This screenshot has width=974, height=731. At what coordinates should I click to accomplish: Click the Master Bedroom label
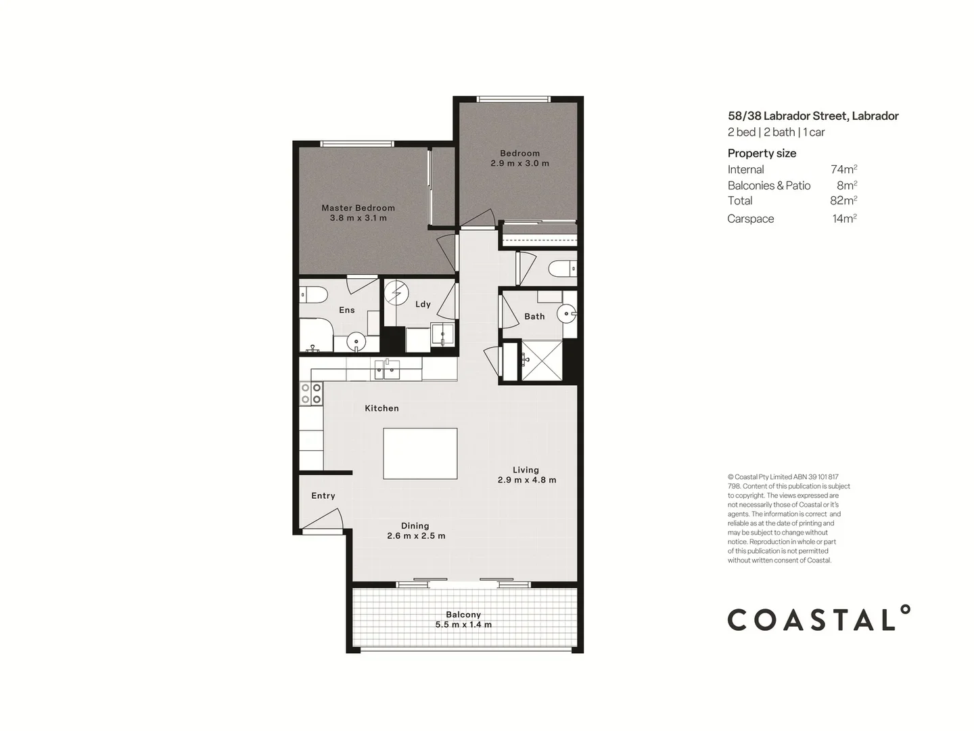click(x=358, y=208)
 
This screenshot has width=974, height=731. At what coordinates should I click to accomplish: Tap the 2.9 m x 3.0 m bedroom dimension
click(x=519, y=163)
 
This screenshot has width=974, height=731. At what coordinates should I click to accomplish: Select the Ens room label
click(x=346, y=310)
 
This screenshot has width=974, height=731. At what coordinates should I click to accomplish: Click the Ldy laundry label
click(x=423, y=304)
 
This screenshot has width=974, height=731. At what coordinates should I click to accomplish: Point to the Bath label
click(x=534, y=316)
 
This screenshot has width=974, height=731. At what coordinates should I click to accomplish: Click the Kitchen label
click(x=381, y=408)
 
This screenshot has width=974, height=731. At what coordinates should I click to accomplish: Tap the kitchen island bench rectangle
click(x=420, y=453)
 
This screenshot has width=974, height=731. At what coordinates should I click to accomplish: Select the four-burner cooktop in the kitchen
click(x=311, y=394)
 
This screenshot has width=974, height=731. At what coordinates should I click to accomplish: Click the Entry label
click(x=323, y=495)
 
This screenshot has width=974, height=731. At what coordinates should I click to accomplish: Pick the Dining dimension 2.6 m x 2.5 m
click(x=416, y=536)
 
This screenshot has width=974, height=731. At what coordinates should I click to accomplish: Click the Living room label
click(x=526, y=470)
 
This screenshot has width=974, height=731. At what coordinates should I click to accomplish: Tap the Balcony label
click(x=463, y=615)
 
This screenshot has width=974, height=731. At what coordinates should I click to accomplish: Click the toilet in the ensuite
click(x=314, y=294)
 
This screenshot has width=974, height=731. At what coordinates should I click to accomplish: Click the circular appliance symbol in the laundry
click(x=396, y=293)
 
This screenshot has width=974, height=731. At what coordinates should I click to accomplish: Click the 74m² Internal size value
click(x=843, y=169)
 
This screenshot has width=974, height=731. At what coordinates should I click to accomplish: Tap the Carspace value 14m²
click(x=844, y=218)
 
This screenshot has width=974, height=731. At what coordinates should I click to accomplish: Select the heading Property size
click(x=762, y=153)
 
